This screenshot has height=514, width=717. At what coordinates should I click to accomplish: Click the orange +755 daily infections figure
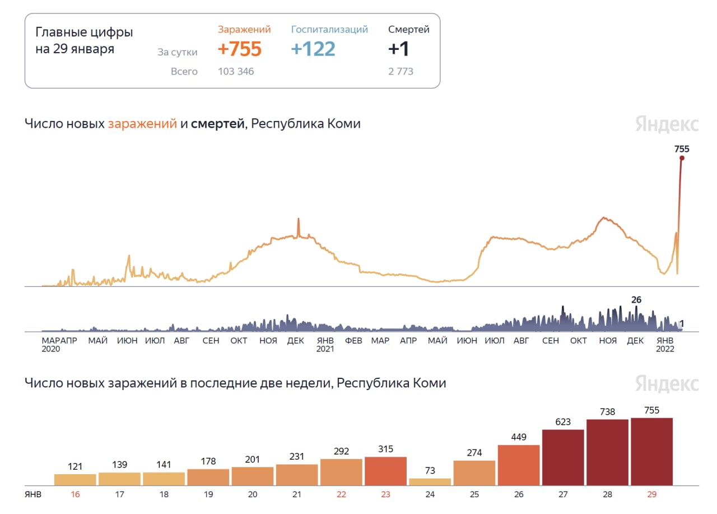pos(239,49)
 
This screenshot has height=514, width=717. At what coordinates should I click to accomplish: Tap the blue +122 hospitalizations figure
pos(313,49)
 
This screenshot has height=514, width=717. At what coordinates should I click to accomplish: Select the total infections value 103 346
pos(236,72)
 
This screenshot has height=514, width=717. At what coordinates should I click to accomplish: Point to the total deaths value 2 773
pos(401,72)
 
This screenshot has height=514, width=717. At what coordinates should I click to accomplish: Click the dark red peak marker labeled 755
pos(682,158)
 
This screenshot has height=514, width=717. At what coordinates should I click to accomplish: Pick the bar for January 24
pos(430,481)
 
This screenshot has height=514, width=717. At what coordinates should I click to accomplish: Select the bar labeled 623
pos(563,457)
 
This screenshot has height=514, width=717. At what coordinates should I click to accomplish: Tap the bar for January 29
pos(651,451)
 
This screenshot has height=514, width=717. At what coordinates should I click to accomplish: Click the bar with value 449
pos(519,465)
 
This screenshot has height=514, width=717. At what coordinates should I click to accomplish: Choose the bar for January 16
pos(75,479)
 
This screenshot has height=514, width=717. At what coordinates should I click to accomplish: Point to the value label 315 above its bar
pos(385,449)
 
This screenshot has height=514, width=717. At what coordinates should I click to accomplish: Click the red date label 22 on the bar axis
pos(341,495)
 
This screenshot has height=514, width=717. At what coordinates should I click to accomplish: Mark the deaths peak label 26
pos(636,300)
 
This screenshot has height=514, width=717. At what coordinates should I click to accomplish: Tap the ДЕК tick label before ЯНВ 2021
pos(295,341)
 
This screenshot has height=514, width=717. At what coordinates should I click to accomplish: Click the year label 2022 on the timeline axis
pos(665,349)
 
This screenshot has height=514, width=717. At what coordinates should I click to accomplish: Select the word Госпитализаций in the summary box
pos(329,30)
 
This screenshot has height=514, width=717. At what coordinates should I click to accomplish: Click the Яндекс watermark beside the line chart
pos(667,124)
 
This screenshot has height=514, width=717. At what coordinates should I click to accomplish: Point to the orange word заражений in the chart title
pos(142,124)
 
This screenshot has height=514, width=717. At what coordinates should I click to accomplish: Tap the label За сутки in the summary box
pos(177,52)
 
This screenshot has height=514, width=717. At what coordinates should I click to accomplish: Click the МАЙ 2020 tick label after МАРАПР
pos(98,341)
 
